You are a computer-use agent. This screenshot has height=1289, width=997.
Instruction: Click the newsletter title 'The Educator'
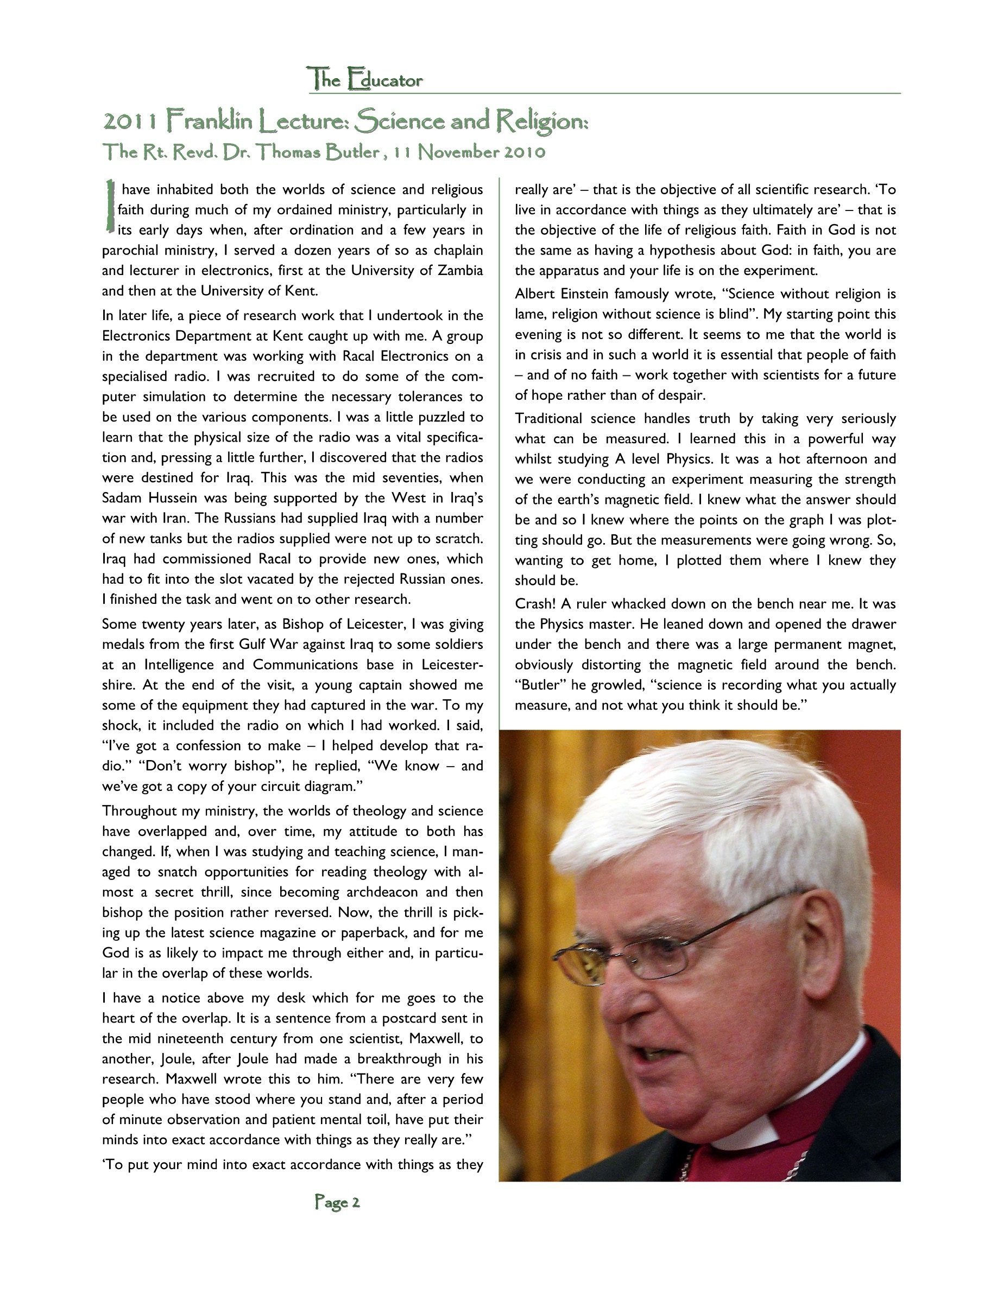point(364,80)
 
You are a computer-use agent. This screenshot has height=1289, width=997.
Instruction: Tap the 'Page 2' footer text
point(337,1202)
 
